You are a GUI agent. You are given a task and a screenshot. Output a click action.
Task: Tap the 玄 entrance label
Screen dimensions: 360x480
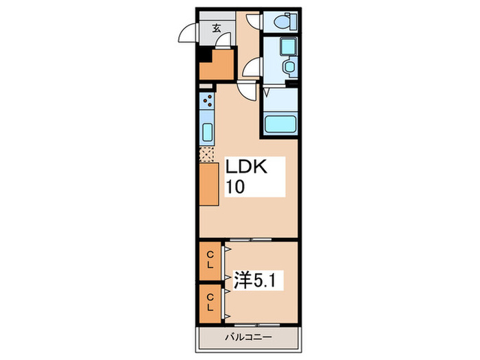tap(217, 28)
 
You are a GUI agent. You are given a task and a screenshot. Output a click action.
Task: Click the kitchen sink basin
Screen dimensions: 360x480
tap(207, 132)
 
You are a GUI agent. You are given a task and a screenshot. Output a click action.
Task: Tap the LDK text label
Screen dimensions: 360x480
tap(252, 167)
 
